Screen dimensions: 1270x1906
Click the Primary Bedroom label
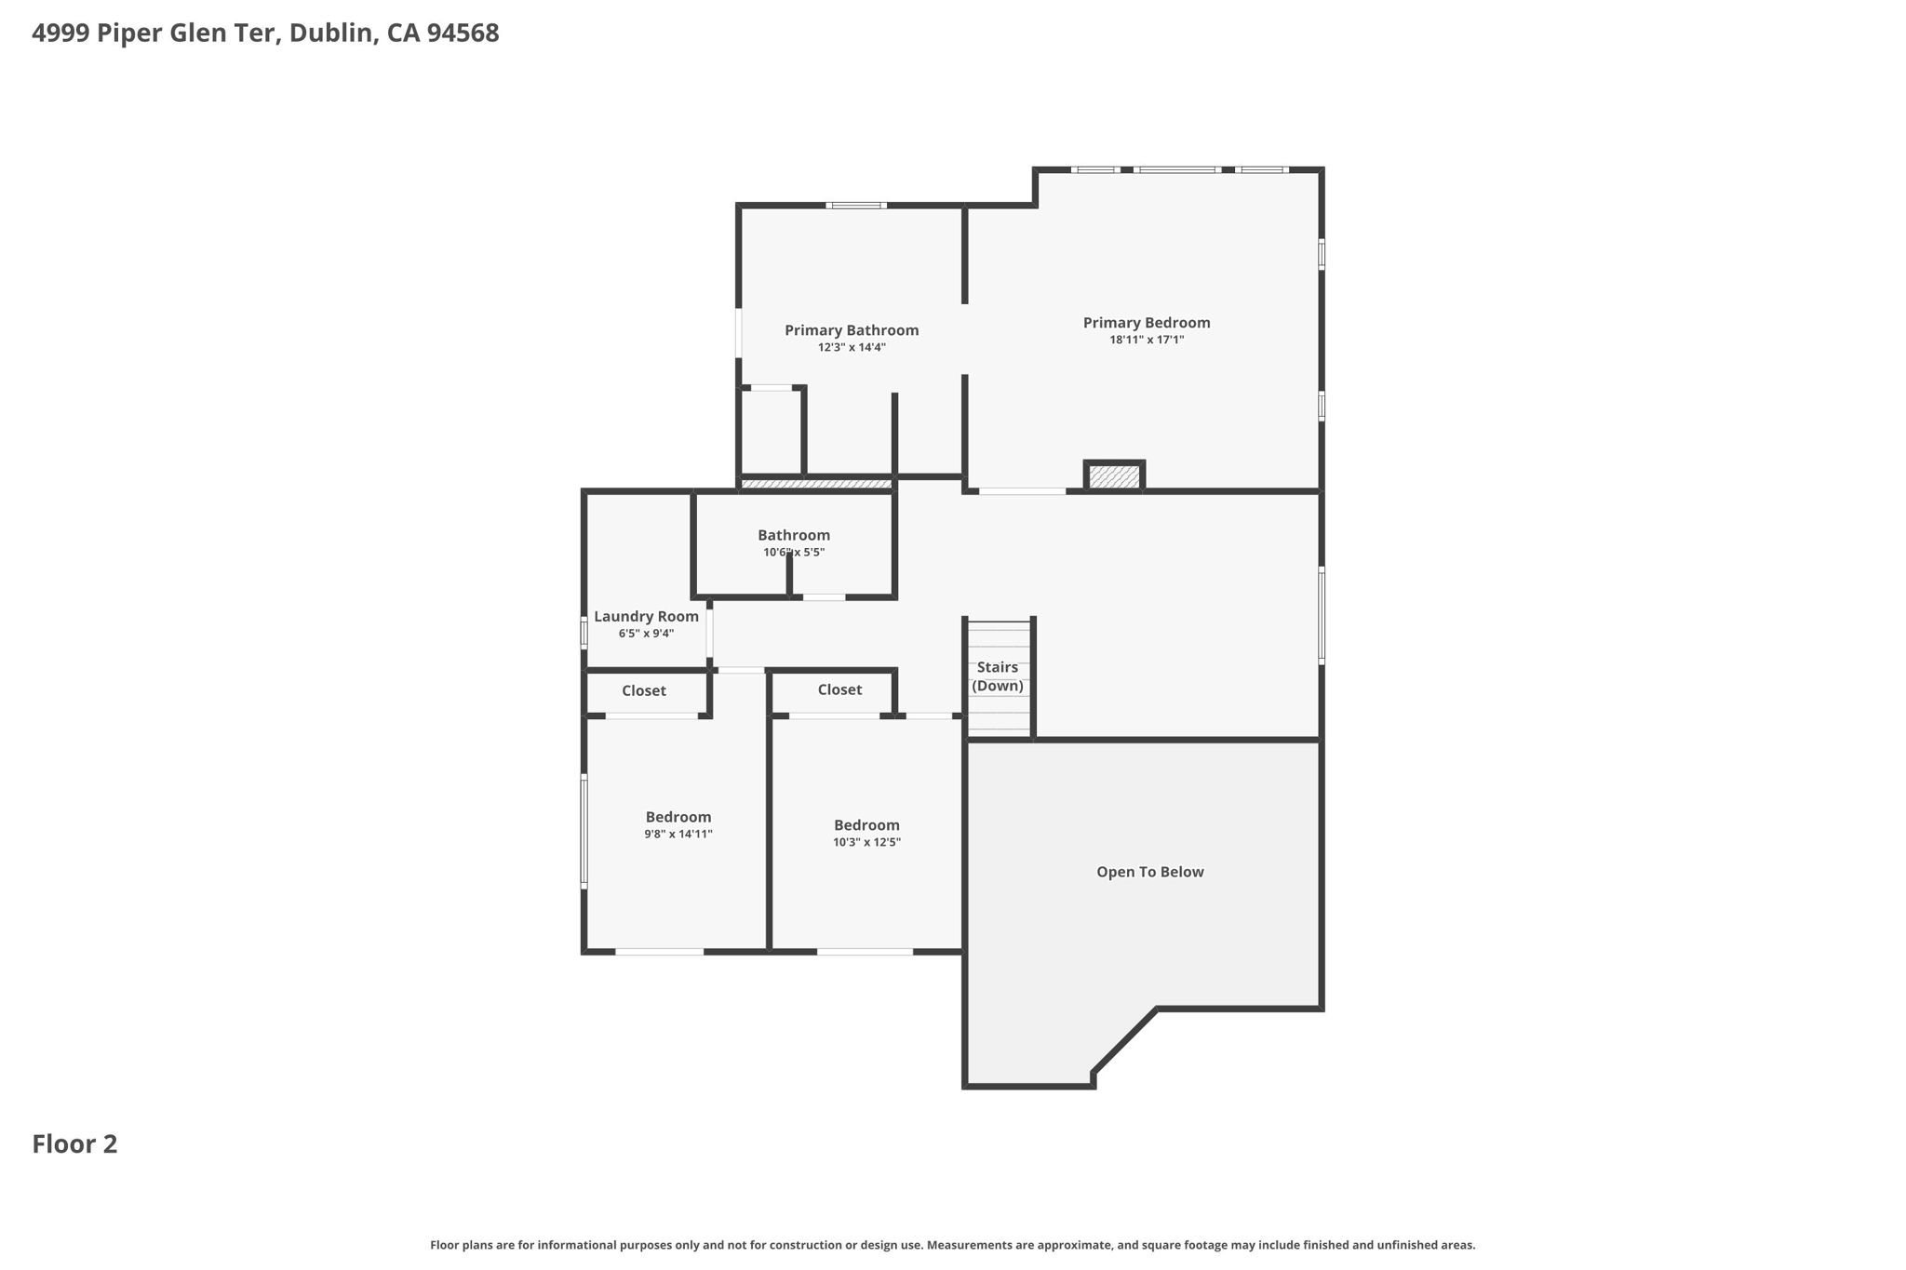(x=1146, y=323)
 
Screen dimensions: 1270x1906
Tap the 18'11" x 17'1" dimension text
(x=1146, y=341)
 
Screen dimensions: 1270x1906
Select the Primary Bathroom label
(x=851, y=330)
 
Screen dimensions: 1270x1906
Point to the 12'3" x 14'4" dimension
(x=851, y=348)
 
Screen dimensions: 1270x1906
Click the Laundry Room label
(x=646, y=616)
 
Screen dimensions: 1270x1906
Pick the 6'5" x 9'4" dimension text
(x=646, y=634)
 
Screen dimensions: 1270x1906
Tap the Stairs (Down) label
(x=998, y=676)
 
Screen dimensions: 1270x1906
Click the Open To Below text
(x=1149, y=872)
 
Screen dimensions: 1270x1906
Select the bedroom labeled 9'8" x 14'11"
(x=678, y=825)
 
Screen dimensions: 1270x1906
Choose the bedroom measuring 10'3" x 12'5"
(x=866, y=833)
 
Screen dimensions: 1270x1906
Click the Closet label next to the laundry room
(x=644, y=690)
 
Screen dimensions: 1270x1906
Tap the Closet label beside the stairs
(x=839, y=689)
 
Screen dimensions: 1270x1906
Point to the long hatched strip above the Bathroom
(x=816, y=484)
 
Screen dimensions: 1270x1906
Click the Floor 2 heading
(x=74, y=1143)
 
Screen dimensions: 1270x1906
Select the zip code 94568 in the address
(x=463, y=33)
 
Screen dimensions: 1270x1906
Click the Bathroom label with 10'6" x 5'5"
(x=793, y=535)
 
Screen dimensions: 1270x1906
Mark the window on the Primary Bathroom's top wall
(x=855, y=205)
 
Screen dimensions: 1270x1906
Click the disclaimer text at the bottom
(x=952, y=1245)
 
